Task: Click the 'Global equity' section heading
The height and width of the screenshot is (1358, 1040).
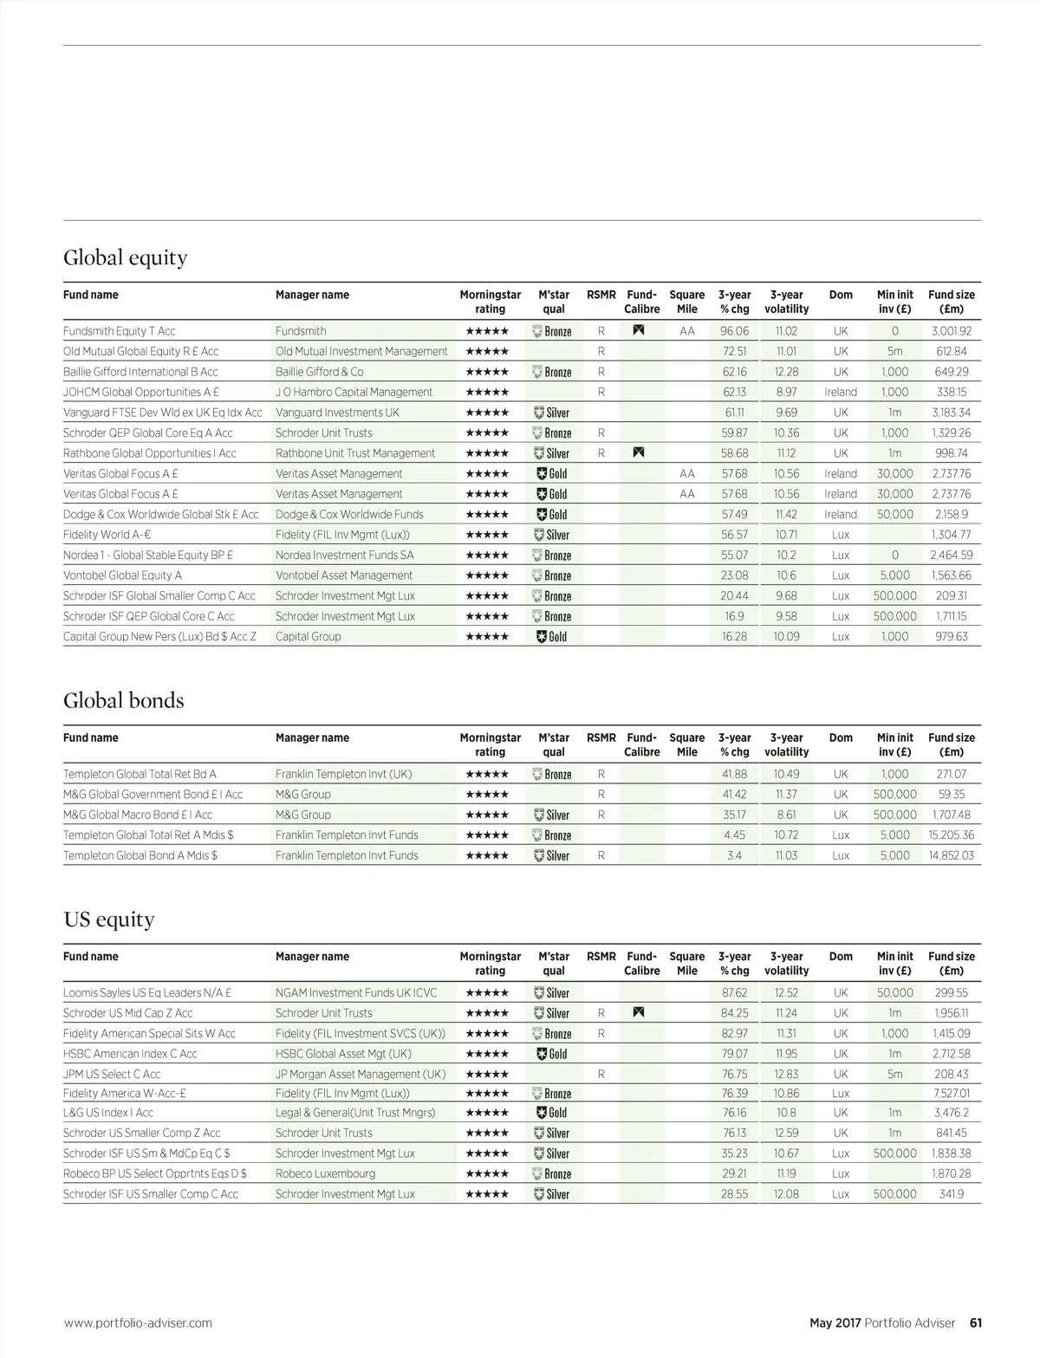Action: tap(125, 257)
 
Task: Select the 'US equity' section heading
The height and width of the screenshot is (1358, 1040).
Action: tap(108, 919)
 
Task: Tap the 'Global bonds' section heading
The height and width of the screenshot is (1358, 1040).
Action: tap(123, 700)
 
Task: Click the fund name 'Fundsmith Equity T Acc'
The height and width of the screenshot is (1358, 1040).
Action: tap(119, 331)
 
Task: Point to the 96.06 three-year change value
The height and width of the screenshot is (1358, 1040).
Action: tap(734, 331)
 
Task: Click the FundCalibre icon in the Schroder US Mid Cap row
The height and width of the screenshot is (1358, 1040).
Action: tap(639, 1012)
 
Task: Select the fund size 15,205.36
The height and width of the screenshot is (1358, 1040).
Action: tap(952, 835)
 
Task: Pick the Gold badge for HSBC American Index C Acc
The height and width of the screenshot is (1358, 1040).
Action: tap(552, 1054)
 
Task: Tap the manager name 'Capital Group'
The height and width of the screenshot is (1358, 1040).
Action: tap(308, 636)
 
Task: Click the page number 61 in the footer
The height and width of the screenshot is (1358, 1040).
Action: tap(975, 1323)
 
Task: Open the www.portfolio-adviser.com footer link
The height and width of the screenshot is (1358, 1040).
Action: tap(138, 1323)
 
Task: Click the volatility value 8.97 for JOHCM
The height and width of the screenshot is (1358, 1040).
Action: tap(786, 392)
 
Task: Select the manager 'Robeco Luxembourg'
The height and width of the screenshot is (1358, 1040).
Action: tap(325, 1173)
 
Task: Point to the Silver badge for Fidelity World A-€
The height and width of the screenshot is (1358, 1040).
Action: tap(552, 535)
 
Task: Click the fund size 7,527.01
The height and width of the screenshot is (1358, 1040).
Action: tap(952, 1094)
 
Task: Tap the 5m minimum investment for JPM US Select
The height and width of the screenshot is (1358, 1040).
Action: tap(894, 1074)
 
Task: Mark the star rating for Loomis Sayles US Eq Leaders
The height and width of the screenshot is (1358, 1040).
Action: tap(487, 993)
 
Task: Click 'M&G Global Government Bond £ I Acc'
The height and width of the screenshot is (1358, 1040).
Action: tap(153, 794)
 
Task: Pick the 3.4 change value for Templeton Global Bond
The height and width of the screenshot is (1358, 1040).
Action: tap(734, 855)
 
